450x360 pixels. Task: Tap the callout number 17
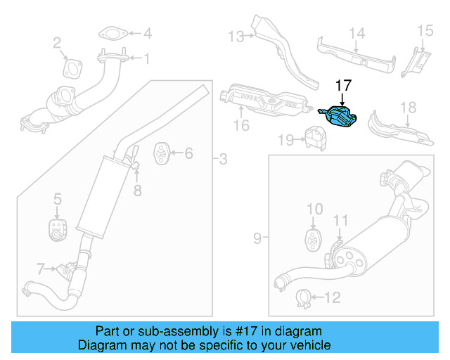pyautogui.click(x=342, y=86)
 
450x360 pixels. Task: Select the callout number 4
pyautogui.click(x=147, y=33)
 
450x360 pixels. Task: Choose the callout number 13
pyautogui.click(x=235, y=36)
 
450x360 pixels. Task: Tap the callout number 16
pyautogui.click(x=241, y=127)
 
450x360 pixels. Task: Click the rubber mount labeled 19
pyautogui.click(x=313, y=137)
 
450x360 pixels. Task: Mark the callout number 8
pyautogui.click(x=138, y=189)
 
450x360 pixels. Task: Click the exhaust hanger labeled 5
pyautogui.click(x=56, y=229)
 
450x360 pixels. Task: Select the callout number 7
pyautogui.click(x=41, y=268)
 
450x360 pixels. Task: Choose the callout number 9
pyautogui.click(x=257, y=239)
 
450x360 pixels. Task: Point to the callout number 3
pyautogui.click(x=222, y=160)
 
